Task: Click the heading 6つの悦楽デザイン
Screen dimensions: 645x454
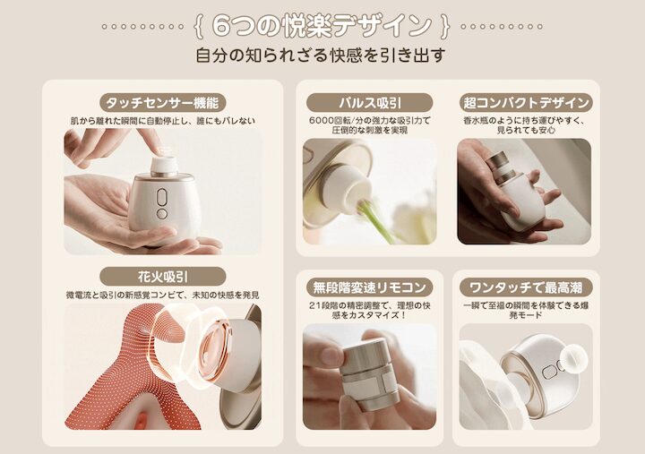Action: coord(322,25)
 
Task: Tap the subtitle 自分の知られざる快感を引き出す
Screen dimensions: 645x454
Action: coord(321,56)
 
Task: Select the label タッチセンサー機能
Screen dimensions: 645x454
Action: coord(162,102)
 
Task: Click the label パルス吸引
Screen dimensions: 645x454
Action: coord(370,102)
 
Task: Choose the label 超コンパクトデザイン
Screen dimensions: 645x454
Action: coord(526,102)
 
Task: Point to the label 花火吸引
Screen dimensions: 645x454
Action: coord(162,277)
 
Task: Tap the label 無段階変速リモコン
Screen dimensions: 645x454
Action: coord(369,287)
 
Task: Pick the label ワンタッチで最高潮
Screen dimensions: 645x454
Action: coord(526,287)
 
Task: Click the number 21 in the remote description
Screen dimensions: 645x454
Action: coord(314,306)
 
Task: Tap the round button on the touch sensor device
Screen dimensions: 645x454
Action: coord(162,214)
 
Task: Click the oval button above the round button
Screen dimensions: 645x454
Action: coord(162,197)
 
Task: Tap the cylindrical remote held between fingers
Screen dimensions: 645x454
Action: coord(369,374)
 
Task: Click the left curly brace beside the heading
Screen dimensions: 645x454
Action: coord(198,26)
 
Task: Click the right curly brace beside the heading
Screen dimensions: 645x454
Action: coord(445,26)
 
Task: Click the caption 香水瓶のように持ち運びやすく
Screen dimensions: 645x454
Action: coord(524,121)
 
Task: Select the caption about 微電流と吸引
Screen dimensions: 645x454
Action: coord(162,296)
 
